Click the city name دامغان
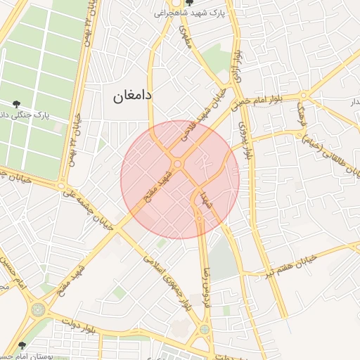pyautogui.click(x=134, y=95)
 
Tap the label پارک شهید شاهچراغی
pyautogui.click(x=196, y=12)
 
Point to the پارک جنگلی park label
pyautogui.click(x=35, y=115)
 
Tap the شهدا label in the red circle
pyautogui.click(x=205, y=199)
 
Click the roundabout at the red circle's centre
pyautogui.click(x=179, y=165)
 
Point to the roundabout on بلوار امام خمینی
pyautogui.click(x=303, y=95)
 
